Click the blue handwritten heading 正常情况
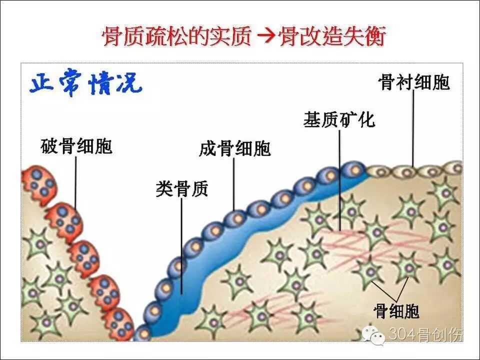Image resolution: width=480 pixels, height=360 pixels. tap(85, 85)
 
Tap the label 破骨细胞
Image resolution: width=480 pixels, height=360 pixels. tap(76, 146)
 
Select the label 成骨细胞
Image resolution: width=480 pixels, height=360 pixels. tap(234, 149)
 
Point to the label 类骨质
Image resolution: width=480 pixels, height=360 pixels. tap(181, 189)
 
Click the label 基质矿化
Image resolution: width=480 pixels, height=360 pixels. tap(339, 120)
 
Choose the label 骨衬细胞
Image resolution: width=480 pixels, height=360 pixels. tap(414, 82)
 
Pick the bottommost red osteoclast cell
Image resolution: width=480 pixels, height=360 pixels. tap(119, 322)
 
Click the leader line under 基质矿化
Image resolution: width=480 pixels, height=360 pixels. tap(339, 180)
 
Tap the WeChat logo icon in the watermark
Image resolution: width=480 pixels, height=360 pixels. tap(376, 334)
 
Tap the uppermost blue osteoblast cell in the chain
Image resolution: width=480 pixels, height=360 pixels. tap(353, 170)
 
